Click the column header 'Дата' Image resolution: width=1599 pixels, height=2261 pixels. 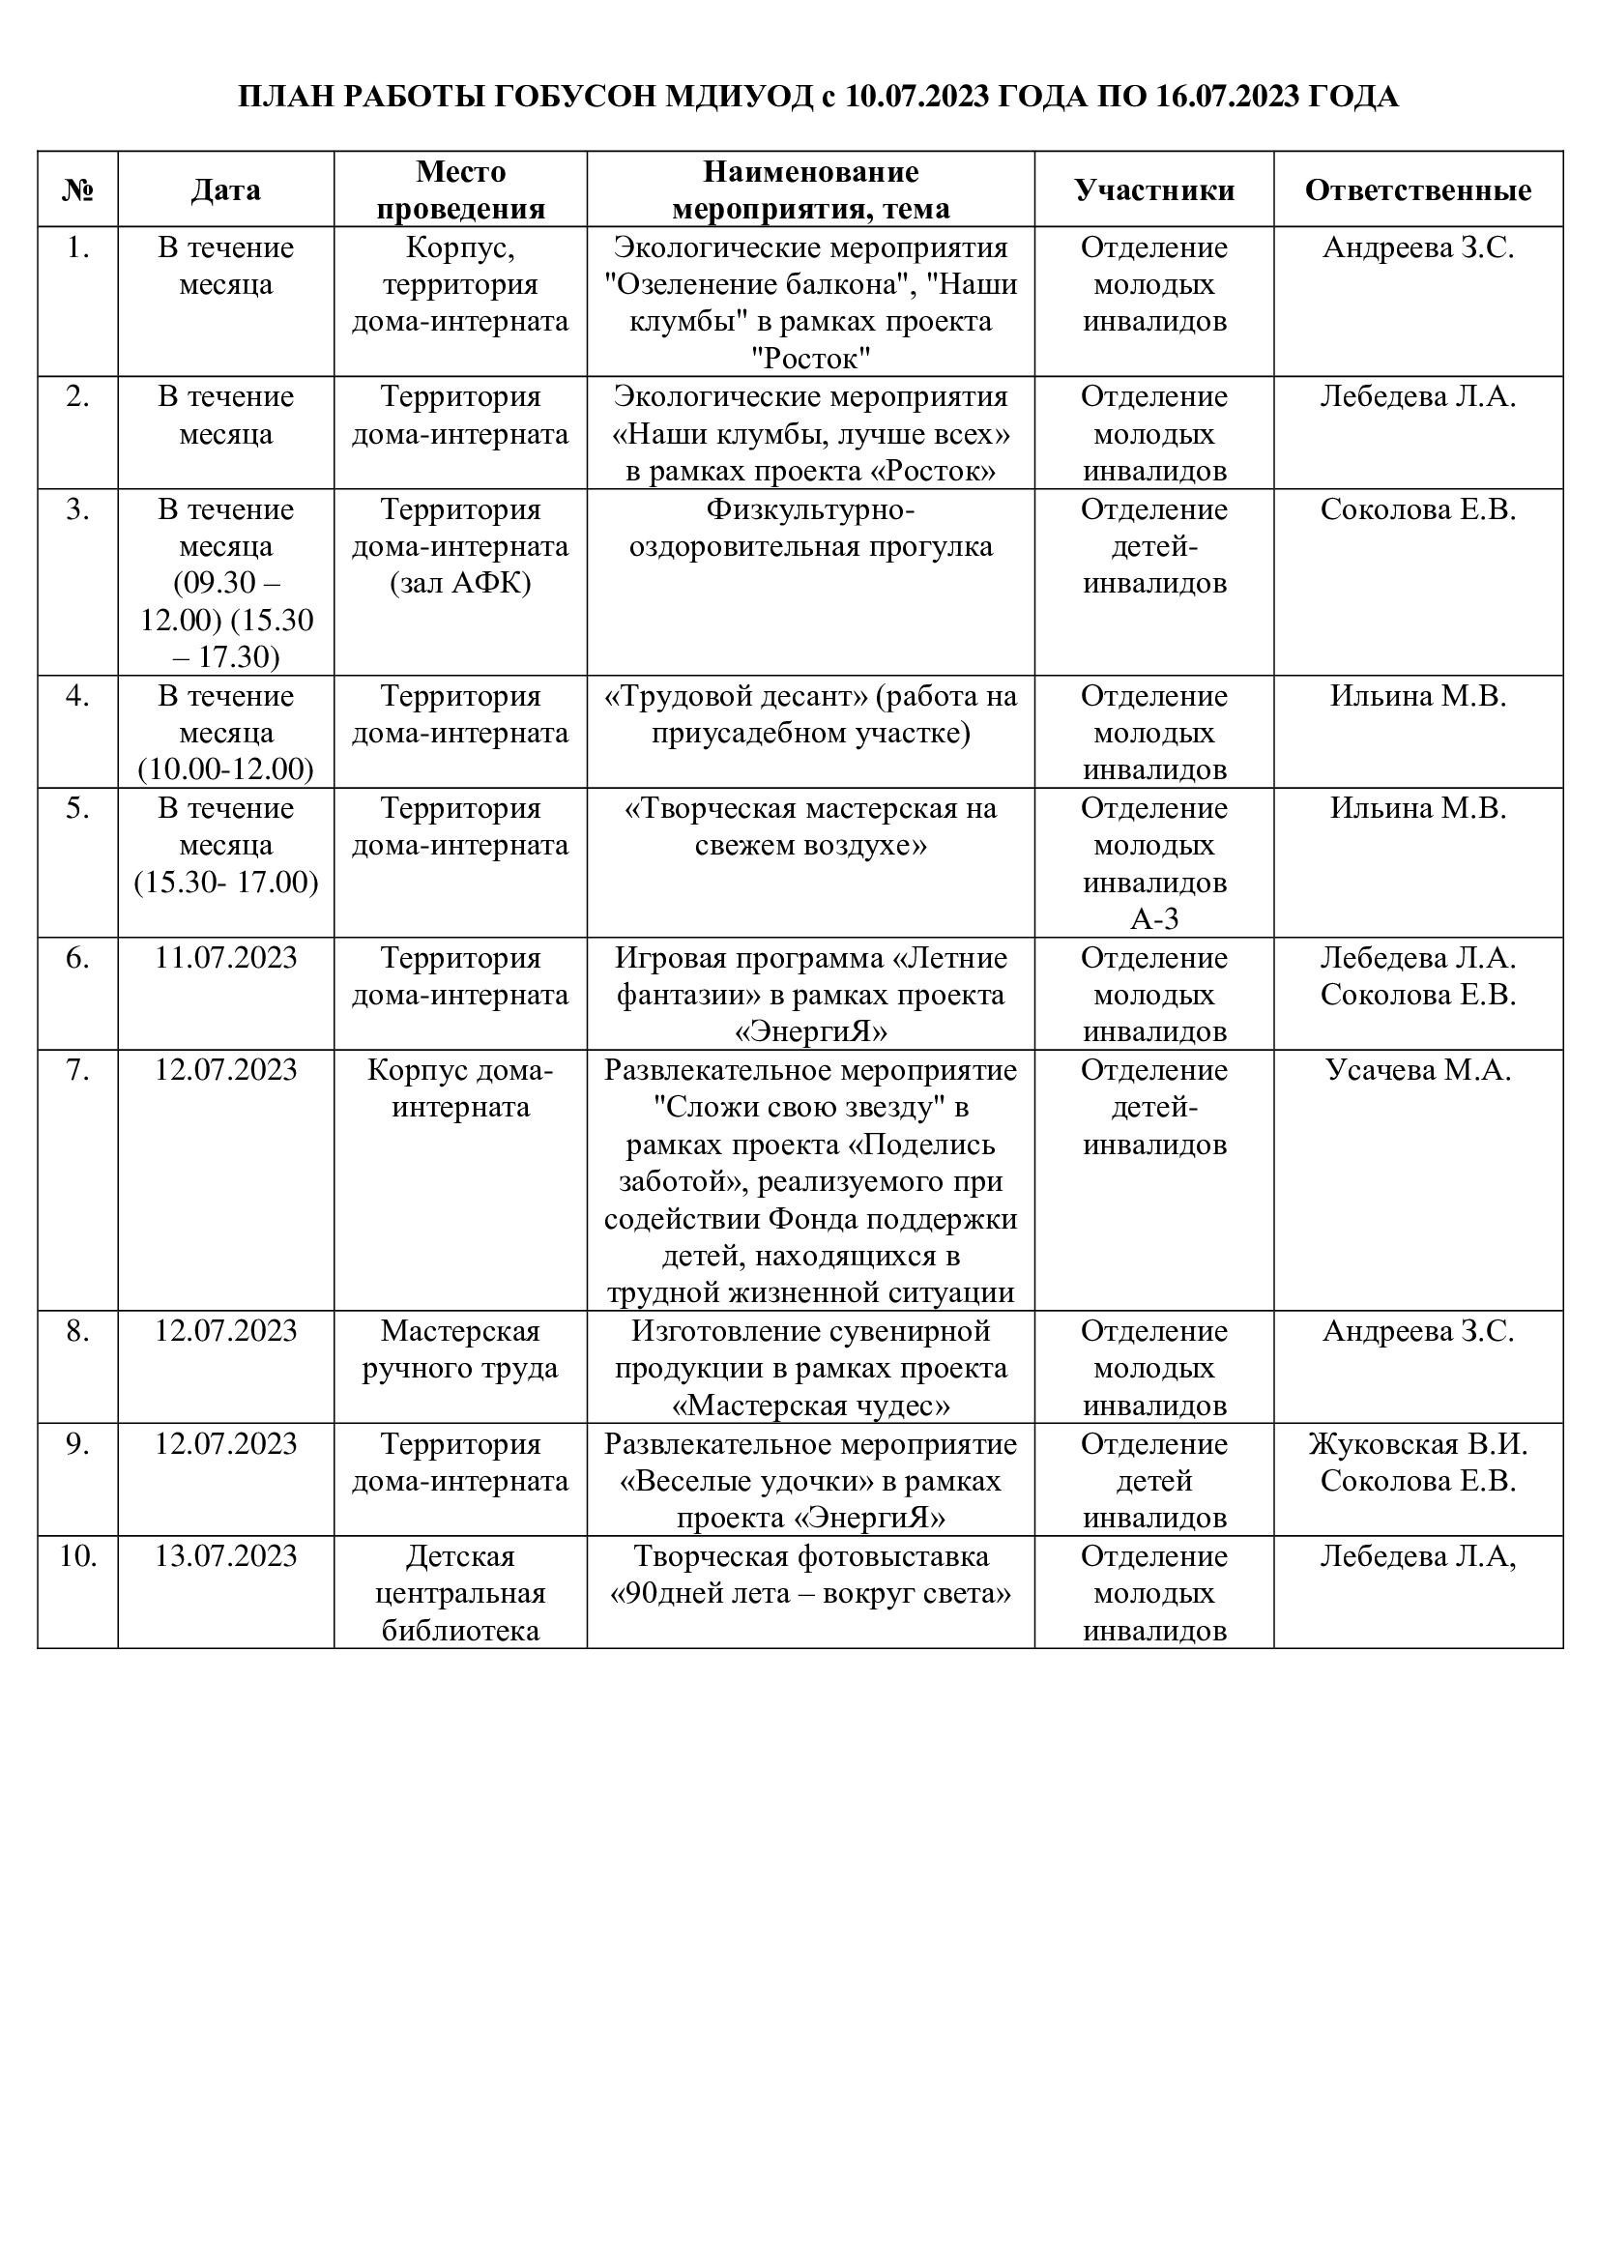(x=225, y=190)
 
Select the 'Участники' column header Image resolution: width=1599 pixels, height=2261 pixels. (x=1154, y=190)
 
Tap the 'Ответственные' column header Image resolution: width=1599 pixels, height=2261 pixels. (x=1418, y=190)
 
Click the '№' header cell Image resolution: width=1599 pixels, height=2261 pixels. (x=77, y=190)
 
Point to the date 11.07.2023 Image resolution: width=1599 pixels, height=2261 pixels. (x=225, y=958)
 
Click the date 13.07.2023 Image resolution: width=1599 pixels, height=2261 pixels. (x=225, y=1557)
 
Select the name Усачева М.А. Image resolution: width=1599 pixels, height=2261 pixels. (x=1418, y=1070)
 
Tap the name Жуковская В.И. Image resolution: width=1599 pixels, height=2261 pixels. (x=1418, y=1444)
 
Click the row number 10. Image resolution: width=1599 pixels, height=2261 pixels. (x=77, y=1557)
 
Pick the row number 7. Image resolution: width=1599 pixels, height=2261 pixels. (x=77, y=1070)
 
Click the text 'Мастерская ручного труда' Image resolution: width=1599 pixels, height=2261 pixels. (x=461, y=1350)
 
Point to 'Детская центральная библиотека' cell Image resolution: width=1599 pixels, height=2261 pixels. (x=461, y=1593)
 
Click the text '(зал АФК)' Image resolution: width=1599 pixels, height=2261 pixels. (x=461, y=584)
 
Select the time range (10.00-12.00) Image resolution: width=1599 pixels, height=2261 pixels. (x=225, y=770)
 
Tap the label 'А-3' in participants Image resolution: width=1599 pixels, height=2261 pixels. (x=1154, y=919)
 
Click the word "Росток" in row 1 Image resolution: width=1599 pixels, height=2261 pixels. (x=810, y=360)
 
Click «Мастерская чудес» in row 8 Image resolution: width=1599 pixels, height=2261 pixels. (x=810, y=1406)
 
